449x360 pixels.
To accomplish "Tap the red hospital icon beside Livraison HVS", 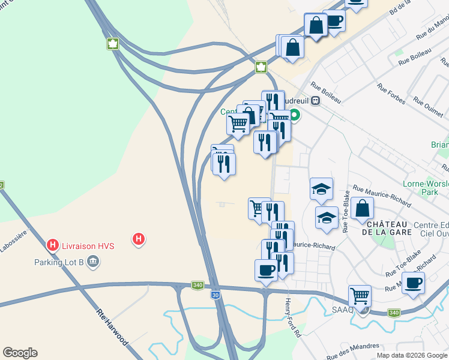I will [53, 245].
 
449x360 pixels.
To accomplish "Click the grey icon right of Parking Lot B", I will [93, 262].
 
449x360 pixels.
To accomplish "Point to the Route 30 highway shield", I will [215, 295].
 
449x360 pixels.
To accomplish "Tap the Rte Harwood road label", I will [112, 326].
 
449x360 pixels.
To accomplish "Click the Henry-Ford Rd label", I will [292, 317].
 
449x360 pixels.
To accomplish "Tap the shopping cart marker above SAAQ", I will [360, 295].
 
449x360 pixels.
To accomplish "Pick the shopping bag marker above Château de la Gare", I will [363, 208].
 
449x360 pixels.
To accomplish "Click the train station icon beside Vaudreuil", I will [315, 101].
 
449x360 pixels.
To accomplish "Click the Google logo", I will [20, 353].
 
